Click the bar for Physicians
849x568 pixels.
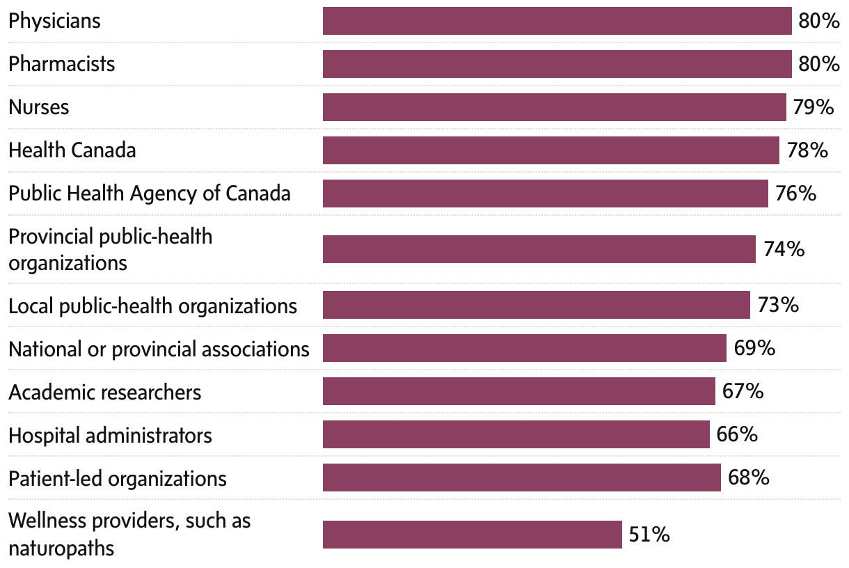(557, 21)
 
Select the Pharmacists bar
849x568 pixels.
(557, 64)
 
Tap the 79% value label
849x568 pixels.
(813, 107)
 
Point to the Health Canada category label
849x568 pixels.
(72, 150)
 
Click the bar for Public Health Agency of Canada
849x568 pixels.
(545, 193)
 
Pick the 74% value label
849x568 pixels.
(784, 249)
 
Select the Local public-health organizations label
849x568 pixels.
(152, 306)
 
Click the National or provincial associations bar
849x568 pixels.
(524, 348)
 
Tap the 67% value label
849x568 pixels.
(743, 391)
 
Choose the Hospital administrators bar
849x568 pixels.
(516, 434)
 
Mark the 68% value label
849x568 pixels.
(748, 478)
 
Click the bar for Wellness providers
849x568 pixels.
(472, 535)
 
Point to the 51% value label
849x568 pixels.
(649, 535)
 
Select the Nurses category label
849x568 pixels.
(38, 107)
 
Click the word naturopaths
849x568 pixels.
(61, 549)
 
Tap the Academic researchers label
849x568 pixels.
(104, 393)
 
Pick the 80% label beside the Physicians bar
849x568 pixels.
(819, 21)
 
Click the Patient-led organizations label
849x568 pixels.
(117, 479)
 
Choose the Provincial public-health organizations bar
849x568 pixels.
(539, 249)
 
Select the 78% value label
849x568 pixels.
(807, 150)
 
